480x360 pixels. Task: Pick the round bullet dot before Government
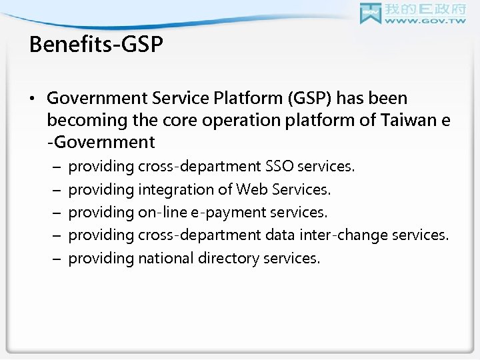[34, 99]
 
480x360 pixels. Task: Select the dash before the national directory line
[55, 259]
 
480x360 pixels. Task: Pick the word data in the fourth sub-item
[294, 235]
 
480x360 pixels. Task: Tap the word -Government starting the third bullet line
[101, 142]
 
